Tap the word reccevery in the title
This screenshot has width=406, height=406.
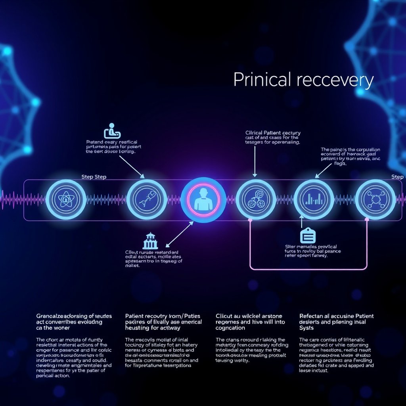point(335,80)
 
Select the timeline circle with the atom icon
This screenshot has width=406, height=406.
point(66,199)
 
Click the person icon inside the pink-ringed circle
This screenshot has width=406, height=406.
point(203,199)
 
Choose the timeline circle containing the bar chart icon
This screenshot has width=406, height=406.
point(314,199)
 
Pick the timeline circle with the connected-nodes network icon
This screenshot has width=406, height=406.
point(375,199)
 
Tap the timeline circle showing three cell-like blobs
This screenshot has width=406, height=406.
point(256,199)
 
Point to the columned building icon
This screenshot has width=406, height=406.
point(150,241)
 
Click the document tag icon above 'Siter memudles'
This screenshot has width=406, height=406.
point(308,236)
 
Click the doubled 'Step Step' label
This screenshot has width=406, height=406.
point(94,177)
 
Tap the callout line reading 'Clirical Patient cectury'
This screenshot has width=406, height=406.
point(273,133)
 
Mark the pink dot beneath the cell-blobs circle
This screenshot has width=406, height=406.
point(250,219)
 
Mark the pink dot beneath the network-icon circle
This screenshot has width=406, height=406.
point(366,219)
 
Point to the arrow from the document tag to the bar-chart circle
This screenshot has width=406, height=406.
point(302,222)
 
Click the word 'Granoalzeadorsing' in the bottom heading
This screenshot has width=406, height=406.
point(59,316)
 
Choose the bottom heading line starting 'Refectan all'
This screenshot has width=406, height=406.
point(336,316)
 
